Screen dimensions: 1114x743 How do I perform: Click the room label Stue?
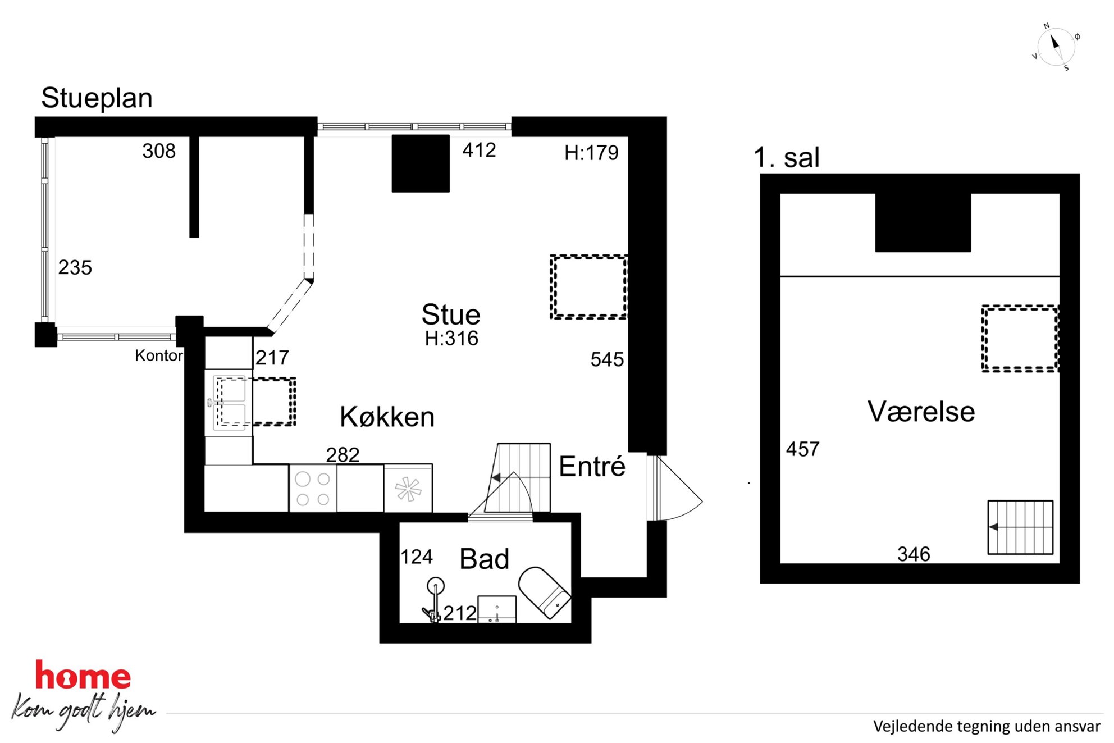point(451,314)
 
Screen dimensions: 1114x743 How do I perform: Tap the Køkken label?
point(387,417)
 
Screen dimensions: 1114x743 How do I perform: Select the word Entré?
point(592,466)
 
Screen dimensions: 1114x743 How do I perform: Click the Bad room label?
point(484,559)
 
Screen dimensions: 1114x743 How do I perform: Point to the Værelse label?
point(921,411)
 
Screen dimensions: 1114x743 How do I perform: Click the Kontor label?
point(159,355)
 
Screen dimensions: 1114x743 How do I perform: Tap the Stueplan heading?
point(97,98)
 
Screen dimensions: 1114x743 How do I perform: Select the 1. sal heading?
point(786,157)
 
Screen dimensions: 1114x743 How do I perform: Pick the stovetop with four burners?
point(313,488)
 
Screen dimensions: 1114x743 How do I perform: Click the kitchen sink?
point(230,402)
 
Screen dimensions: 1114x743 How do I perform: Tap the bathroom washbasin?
point(496,609)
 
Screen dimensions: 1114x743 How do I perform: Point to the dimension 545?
point(607,359)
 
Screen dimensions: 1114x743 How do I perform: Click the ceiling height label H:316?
point(451,338)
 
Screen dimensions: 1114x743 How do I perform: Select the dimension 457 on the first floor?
point(802,449)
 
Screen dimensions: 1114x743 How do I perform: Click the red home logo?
point(83,676)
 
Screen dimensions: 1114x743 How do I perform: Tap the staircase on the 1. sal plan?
point(1020,527)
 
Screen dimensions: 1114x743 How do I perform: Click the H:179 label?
point(591,153)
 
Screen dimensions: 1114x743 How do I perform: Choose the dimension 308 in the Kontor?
point(159,151)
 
